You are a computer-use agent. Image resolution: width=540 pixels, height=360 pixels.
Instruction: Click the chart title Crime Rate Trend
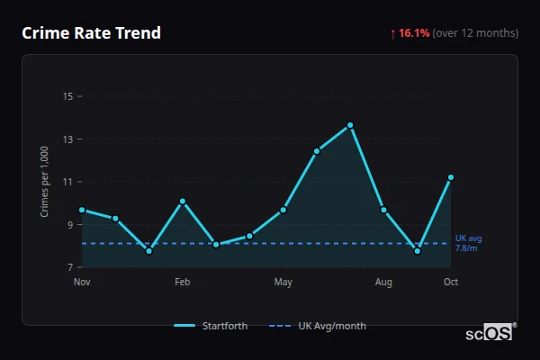click(x=91, y=33)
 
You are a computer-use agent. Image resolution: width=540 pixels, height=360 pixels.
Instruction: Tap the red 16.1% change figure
click(x=414, y=33)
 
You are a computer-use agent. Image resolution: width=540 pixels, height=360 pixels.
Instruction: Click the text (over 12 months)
click(x=475, y=33)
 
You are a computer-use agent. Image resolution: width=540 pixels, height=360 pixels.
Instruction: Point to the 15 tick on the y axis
click(x=67, y=96)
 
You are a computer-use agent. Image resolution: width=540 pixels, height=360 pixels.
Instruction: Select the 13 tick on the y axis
click(x=67, y=139)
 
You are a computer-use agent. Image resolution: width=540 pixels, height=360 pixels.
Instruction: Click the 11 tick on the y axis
click(x=67, y=182)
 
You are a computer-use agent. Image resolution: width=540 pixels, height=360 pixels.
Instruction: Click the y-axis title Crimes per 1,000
click(x=44, y=182)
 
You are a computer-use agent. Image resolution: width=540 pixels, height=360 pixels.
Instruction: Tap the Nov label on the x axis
click(x=82, y=283)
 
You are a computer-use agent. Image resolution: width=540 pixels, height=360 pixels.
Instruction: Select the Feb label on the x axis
click(x=182, y=283)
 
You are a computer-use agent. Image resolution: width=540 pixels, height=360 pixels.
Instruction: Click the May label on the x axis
click(x=283, y=283)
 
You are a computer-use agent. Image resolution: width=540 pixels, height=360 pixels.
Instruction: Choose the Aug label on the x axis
click(x=383, y=283)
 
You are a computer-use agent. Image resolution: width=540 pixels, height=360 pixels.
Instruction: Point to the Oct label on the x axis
click(x=451, y=283)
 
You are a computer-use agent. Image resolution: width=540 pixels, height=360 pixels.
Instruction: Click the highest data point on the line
click(x=350, y=125)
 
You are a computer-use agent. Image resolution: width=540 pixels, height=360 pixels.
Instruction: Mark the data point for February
click(x=183, y=202)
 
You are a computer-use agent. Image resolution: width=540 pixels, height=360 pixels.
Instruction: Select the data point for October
click(x=451, y=177)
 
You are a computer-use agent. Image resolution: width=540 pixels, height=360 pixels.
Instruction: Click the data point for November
click(x=82, y=210)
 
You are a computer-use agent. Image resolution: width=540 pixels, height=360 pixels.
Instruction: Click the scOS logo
click(x=490, y=333)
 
